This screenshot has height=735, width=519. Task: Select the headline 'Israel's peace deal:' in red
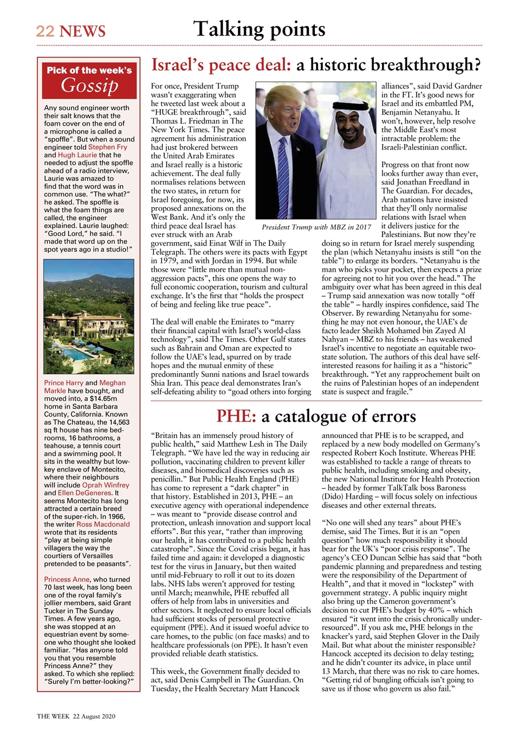click(x=221, y=66)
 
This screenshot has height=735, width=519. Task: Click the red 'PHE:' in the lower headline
click(x=236, y=415)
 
